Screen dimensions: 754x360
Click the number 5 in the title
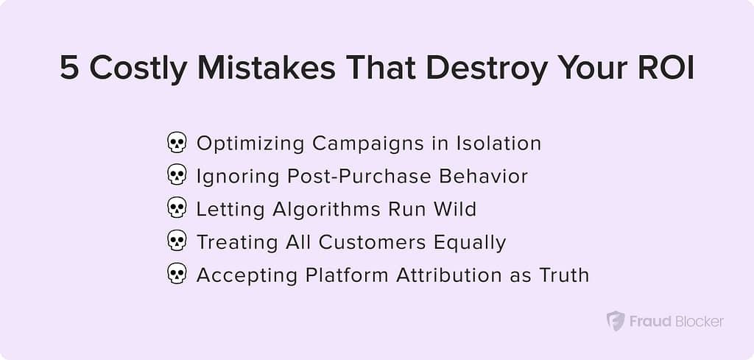(70, 68)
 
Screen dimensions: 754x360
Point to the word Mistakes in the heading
(267, 68)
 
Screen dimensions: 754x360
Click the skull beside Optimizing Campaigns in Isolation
(177, 144)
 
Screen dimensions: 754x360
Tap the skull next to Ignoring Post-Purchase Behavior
(177, 176)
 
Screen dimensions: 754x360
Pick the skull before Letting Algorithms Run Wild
(177, 209)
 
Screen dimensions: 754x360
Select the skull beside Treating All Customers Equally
(177, 241)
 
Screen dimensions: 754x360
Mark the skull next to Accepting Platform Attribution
(177, 275)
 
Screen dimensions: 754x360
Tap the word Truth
(564, 275)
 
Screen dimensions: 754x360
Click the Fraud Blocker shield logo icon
(615, 320)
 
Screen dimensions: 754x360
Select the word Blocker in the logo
(700, 321)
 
